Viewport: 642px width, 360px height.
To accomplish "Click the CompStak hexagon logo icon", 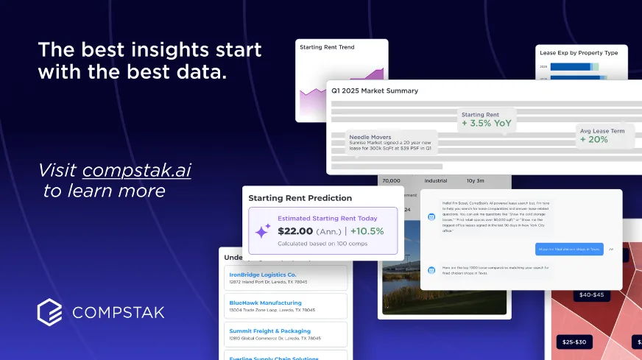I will pyautogui.click(x=50, y=312).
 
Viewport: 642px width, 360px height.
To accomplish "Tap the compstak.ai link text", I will pyautogui.click(x=136, y=170).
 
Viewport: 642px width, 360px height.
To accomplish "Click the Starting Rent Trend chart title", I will pyautogui.click(x=327, y=47).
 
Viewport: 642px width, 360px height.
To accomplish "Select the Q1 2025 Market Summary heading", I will pyautogui.click(x=375, y=91).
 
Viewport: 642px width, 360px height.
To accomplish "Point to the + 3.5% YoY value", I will pyautogui.click(x=486, y=124).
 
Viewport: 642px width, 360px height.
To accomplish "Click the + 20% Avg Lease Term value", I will pyautogui.click(x=594, y=139).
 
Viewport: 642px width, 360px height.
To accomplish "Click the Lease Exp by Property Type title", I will pyautogui.click(x=579, y=53).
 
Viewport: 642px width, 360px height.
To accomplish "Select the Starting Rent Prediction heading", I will pyautogui.click(x=300, y=198).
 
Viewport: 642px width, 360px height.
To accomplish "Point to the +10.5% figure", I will pyautogui.click(x=366, y=231).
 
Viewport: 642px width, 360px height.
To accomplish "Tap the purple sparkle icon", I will pyautogui.click(x=263, y=230).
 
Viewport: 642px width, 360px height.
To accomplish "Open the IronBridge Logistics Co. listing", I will pyautogui.click(x=263, y=275).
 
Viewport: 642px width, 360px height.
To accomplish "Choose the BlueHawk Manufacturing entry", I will pyautogui.click(x=265, y=303).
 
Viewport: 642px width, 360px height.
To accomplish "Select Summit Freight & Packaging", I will pyautogui.click(x=269, y=331).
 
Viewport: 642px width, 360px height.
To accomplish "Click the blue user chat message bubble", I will pyautogui.click(x=569, y=250).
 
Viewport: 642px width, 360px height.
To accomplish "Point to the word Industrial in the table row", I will pyautogui.click(x=436, y=180).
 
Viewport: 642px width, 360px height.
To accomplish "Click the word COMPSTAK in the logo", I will pyautogui.click(x=118, y=313).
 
